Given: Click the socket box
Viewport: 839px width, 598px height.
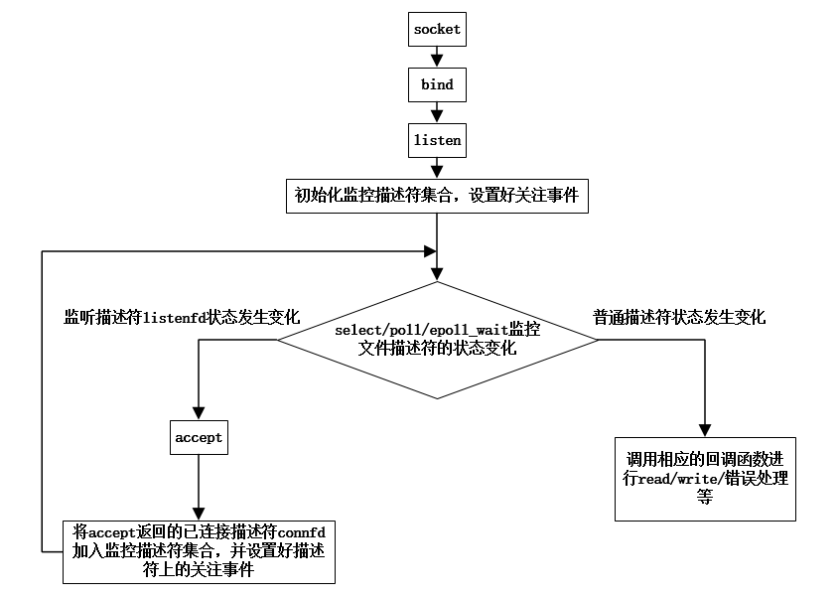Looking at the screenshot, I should [x=437, y=30].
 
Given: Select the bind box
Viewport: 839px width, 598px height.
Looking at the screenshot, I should [x=437, y=84].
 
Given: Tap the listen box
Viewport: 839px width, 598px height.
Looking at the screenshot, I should [x=437, y=140].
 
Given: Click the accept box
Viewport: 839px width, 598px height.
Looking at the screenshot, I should [x=199, y=437].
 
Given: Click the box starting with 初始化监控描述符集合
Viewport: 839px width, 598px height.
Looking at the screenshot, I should [x=437, y=196].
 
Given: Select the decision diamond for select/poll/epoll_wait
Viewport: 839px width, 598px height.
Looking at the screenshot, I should [x=437, y=339].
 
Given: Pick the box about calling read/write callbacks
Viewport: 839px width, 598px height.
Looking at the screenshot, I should [x=705, y=478].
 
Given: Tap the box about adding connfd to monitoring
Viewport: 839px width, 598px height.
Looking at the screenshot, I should [x=199, y=552].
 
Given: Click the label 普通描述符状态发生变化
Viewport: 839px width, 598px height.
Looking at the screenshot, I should [x=679, y=318].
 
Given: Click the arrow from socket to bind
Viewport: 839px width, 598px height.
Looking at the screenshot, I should [x=437, y=57].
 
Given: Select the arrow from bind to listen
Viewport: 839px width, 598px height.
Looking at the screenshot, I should [x=437, y=112].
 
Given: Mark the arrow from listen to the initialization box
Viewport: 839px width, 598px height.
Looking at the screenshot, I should [x=437, y=168].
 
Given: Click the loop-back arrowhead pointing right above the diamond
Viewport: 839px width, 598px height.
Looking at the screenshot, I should [x=430, y=251].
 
